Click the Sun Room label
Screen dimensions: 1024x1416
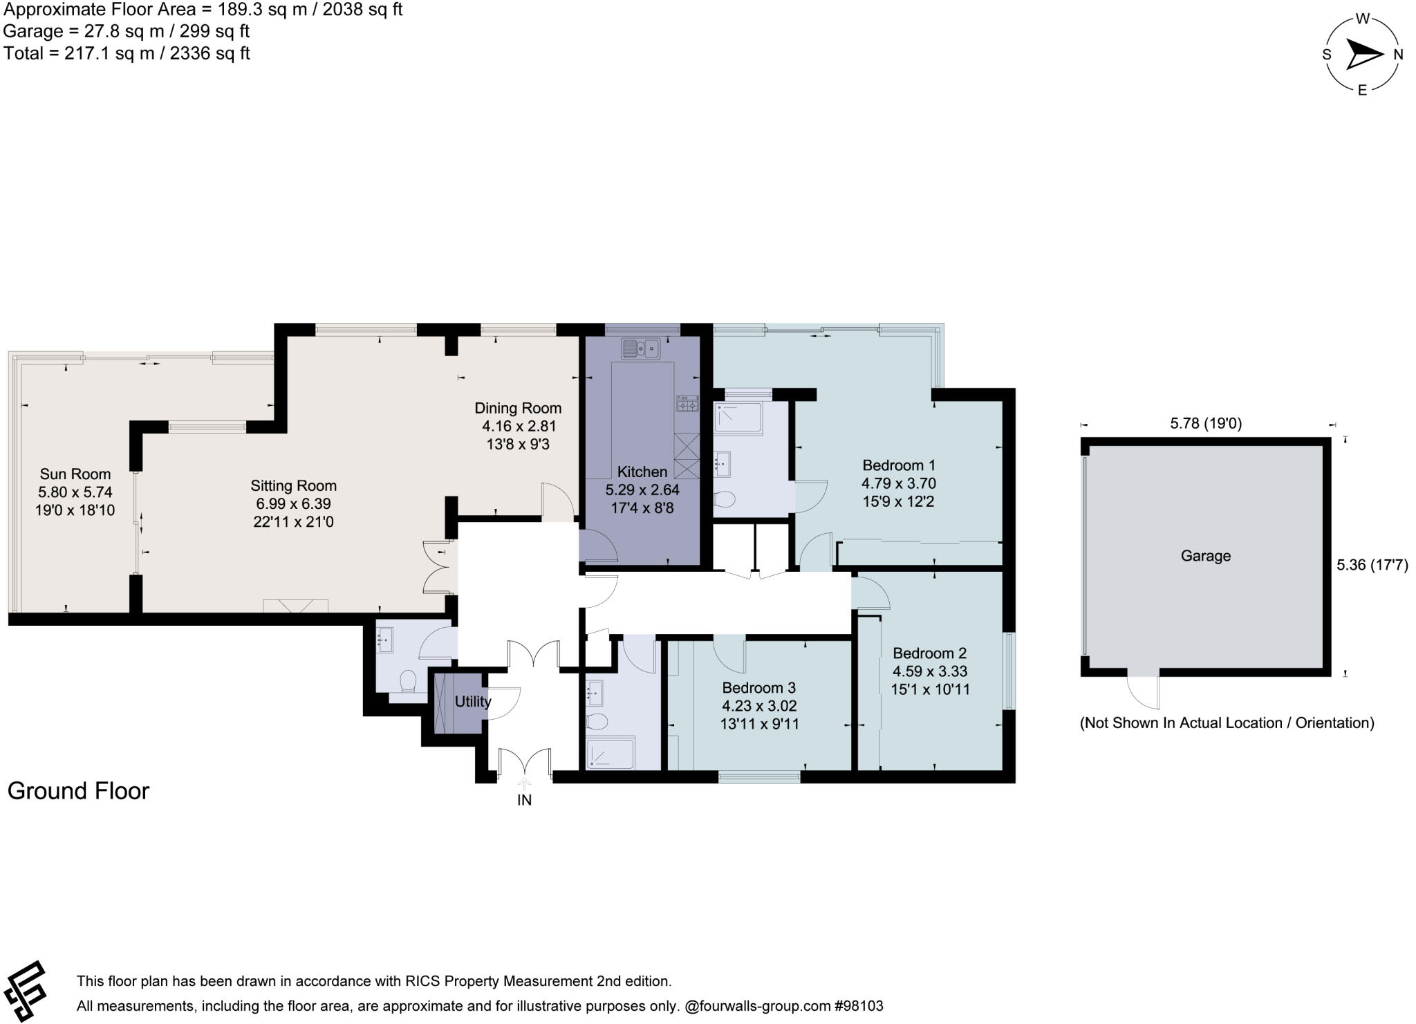(75, 474)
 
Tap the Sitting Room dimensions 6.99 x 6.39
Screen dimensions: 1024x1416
(293, 504)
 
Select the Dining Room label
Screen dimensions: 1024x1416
(517, 408)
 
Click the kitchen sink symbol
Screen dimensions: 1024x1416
(640, 349)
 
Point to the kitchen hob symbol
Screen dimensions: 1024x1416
(687, 404)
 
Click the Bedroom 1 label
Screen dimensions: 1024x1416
(898, 465)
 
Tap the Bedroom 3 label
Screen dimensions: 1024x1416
(758, 687)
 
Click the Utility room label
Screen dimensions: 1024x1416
(472, 701)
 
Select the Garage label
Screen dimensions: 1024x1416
(1205, 555)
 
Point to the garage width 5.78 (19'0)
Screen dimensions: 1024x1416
(1206, 423)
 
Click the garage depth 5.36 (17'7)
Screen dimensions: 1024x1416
(1372, 564)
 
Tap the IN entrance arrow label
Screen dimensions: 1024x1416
(524, 799)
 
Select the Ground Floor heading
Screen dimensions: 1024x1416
(78, 790)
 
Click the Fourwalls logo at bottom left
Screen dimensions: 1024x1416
(26, 990)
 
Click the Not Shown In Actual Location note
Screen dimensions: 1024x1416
(1227, 723)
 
